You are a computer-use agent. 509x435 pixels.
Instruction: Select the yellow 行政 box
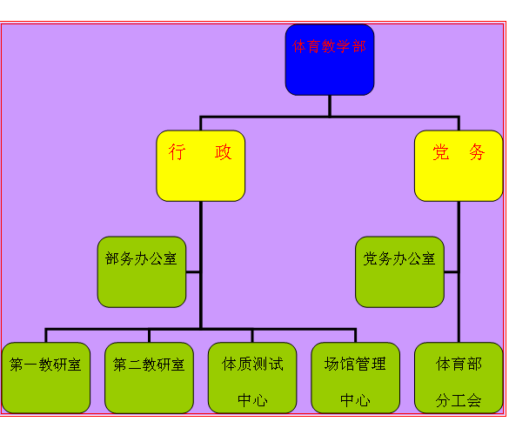point(200,165)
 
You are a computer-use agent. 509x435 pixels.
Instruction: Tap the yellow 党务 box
point(458,165)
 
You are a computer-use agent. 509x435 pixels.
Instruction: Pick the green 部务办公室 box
point(142,272)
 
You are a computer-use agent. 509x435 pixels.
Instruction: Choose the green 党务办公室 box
point(399,272)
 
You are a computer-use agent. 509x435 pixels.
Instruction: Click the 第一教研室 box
point(46,378)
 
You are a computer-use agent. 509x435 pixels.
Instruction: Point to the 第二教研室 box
point(149,378)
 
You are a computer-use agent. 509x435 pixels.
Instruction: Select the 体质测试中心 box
point(252,378)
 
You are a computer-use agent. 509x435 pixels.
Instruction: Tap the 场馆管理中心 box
point(355,378)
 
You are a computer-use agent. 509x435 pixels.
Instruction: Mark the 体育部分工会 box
point(459,378)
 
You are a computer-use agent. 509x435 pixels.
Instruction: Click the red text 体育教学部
point(330,46)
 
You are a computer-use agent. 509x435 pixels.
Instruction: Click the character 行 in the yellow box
point(177,152)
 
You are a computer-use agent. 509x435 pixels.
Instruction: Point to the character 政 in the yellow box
point(224,152)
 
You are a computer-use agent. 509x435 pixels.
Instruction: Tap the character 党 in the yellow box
point(441,152)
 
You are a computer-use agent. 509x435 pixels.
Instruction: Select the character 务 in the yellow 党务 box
point(477,152)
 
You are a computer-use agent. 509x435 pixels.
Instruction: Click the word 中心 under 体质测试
point(252,400)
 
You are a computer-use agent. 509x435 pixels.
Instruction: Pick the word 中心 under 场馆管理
point(355,400)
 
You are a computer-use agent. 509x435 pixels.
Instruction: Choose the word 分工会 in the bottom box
point(459,400)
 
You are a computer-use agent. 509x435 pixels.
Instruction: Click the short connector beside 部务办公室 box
point(193,272)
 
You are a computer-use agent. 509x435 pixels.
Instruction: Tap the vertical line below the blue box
point(330,105)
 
